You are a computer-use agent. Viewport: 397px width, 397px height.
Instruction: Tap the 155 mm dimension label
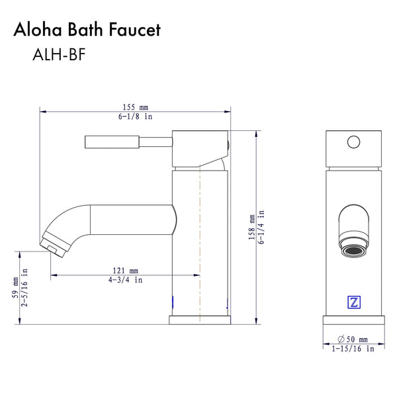click(135, 106)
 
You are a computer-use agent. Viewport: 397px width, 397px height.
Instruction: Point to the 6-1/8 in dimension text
click(135, 116)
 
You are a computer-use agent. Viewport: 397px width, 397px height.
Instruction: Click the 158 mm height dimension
click(251, 226)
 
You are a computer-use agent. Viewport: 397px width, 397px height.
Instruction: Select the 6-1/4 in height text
click(261, 226)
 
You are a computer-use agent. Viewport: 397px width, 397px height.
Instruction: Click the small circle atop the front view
click(353, 141)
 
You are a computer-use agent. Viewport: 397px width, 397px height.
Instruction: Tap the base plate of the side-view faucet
click(200, 320)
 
